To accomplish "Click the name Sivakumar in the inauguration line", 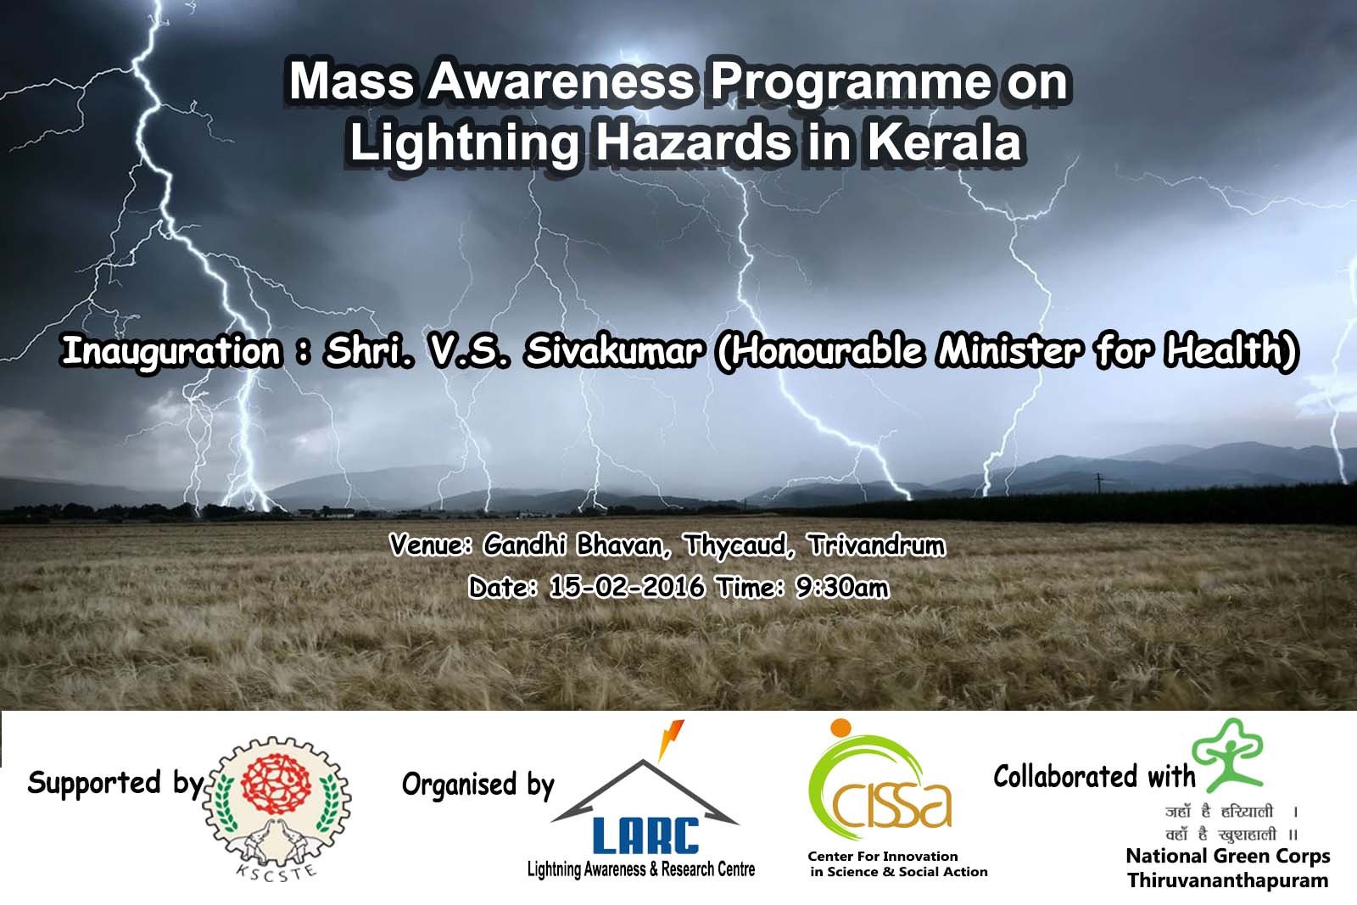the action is [613, 351].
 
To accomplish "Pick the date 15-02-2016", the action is [627, 587].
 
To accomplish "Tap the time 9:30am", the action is [842, 587].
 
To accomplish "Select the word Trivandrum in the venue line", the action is [876, 545].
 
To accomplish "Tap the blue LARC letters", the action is [645, 835].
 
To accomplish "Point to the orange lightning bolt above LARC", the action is [671, 738].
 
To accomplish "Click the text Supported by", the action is [115, 783].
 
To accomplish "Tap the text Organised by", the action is [478, 785].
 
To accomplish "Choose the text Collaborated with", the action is [1094, 776].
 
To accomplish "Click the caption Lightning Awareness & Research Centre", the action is [641, 869].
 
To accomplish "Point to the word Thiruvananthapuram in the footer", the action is [1227, 880].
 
